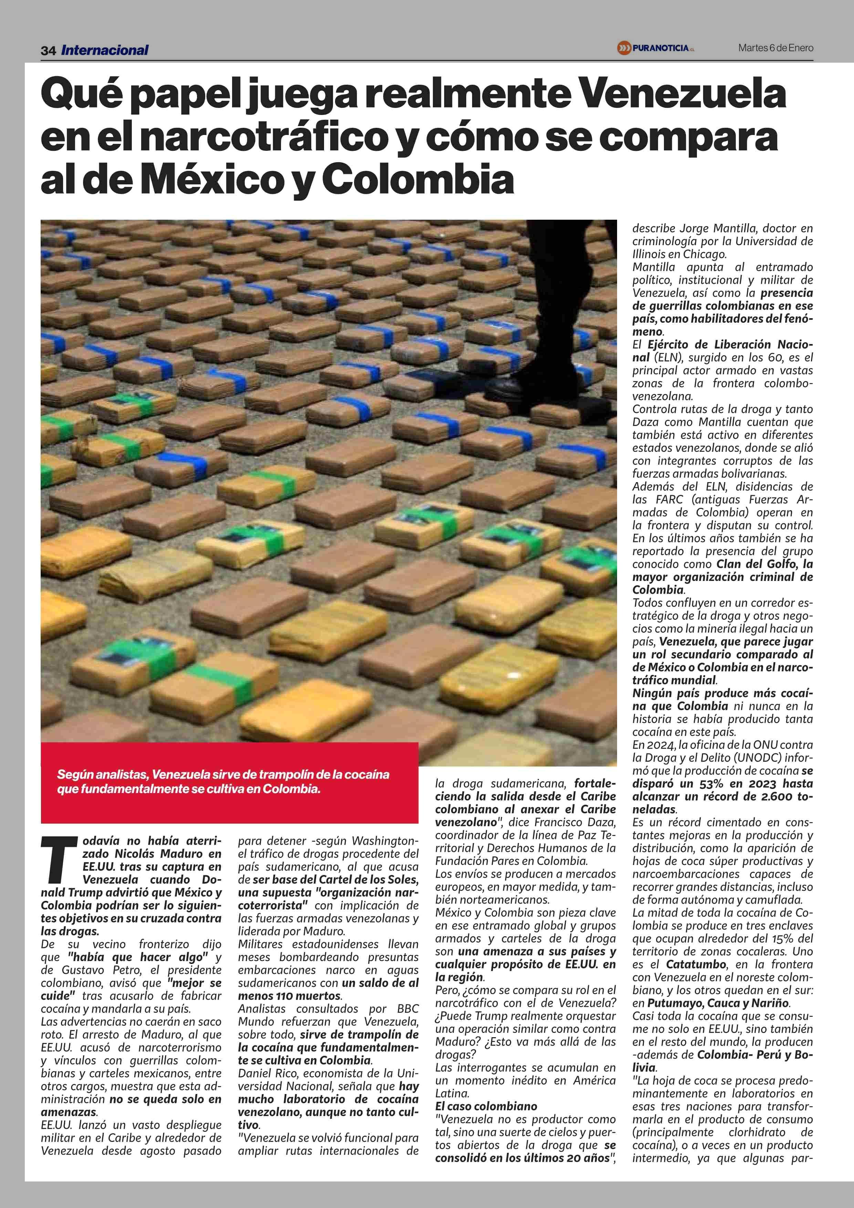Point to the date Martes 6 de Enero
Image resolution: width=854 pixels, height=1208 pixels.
point(775,48)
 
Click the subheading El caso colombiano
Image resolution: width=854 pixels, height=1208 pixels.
point(486,1106)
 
